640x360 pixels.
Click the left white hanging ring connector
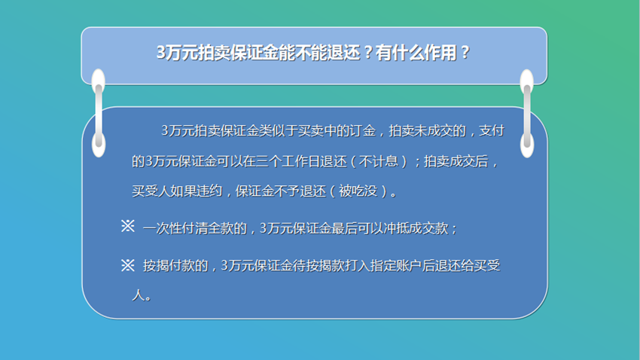99,113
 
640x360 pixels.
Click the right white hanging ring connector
527,113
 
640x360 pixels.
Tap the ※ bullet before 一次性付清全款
128,226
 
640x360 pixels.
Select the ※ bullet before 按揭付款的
128,265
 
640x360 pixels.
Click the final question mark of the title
465,53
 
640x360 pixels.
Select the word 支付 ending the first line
492,130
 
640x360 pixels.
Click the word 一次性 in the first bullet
163,228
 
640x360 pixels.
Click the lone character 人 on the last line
138,294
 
